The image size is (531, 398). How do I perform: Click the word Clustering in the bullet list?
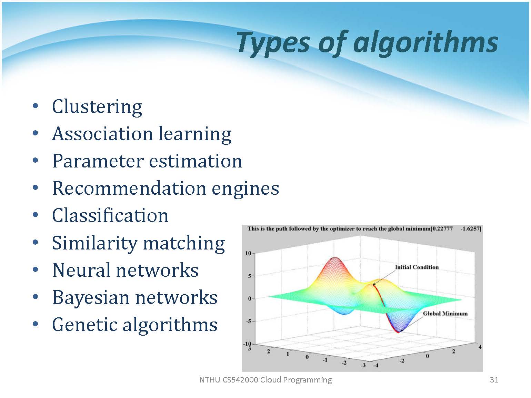pos(97,107)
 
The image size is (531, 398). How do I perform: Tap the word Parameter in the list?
pos(98,161)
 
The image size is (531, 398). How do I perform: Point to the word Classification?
pos(110,215)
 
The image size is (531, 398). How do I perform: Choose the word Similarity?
pos(95,243)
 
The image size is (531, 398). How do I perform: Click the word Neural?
pos(81,270)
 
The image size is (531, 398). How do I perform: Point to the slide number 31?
pos(494,380)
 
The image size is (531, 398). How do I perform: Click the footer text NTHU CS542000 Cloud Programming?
pos(265,380)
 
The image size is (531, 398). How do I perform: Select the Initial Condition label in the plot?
pos(417,267)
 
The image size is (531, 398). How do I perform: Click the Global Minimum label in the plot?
pos(445,314)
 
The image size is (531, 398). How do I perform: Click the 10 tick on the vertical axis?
pos(248,253)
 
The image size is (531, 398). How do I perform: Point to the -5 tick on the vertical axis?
pos(249,321)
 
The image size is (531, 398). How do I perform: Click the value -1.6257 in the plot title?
pos(471,228)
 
